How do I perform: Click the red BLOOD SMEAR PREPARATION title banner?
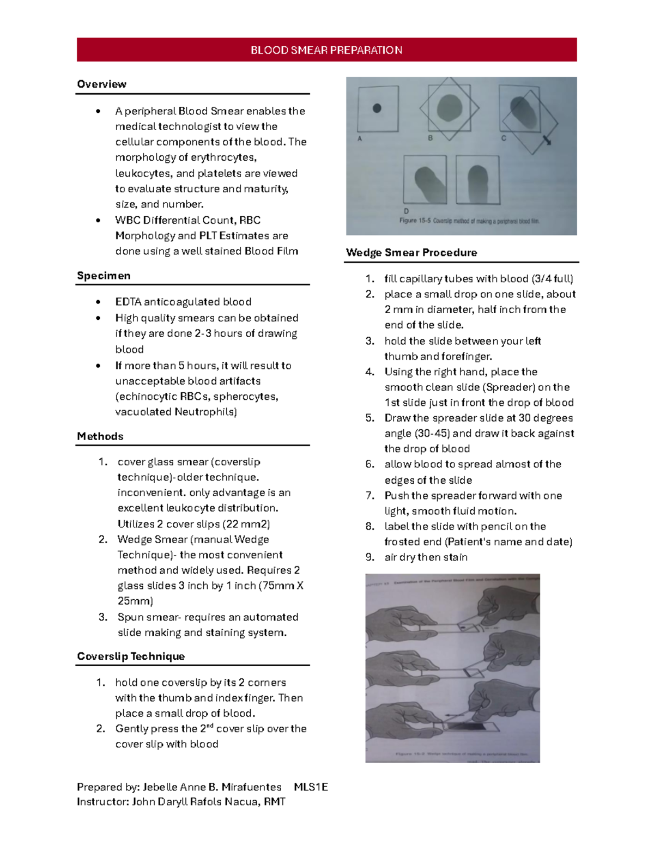(x=326, y=50)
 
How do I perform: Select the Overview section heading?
(x=101, y=84)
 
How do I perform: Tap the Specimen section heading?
(x=104, y=276)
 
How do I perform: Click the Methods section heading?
(x=100, y=436)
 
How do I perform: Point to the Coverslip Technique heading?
(x=131, y=656)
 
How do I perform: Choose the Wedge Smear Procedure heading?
(x=411, y=253)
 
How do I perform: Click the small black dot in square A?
(x=377, y=108)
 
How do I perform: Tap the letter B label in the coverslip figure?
(x=430, y=138)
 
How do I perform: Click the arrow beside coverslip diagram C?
(x=547, y=140)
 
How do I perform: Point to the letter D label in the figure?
(x=406, y=211)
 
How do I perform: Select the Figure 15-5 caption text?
(x=469, y=221)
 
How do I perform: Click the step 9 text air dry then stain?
(x=426, y=557)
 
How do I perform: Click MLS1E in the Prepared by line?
(x=311, y=787)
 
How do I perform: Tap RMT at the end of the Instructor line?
(x=275, y=802)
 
